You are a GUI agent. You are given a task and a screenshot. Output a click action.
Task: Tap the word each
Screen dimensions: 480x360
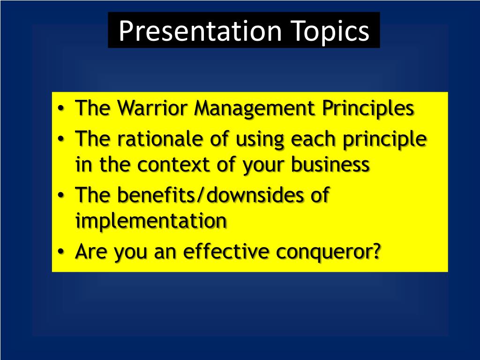click(313, 139)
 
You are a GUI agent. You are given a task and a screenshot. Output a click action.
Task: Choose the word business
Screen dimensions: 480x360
click(330, 165)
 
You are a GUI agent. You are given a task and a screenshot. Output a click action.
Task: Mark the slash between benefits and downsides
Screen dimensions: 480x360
click(201, 195)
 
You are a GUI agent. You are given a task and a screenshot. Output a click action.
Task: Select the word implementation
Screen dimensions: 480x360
click(151, 221)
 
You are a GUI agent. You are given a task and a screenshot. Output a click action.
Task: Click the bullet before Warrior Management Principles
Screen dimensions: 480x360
click(61, 109)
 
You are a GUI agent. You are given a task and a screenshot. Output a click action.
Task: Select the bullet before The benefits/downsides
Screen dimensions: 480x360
click(61, 195)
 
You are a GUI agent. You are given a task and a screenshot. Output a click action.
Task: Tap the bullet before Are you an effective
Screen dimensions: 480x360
click(61, 252)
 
